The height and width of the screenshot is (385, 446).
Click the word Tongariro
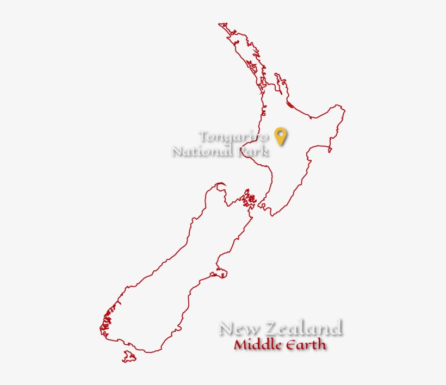click(x=234, y=136)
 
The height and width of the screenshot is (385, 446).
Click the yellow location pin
click(x=280, y=135)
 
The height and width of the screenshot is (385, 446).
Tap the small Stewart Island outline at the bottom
click(x=129, y=357)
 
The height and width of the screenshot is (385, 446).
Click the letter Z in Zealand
click(x=270, y=328)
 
